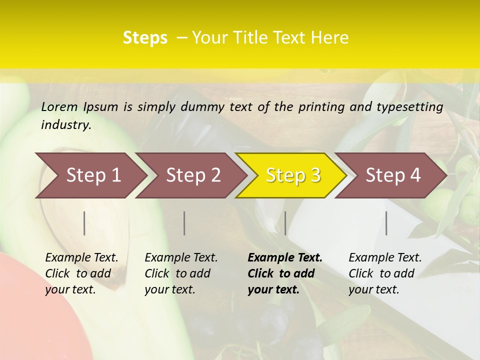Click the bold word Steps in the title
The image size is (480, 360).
coord(145,38)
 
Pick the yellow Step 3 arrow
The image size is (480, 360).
coord(293,175)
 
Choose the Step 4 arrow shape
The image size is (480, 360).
coord(393,175)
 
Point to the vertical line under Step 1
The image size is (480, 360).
coord(84,223)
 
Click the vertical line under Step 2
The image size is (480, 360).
coord(184,223)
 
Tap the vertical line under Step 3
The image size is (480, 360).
coord(285,223)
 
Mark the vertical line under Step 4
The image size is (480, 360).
coord(386,223)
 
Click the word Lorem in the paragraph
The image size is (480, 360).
coord(59,107)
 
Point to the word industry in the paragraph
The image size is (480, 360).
coord(66,125)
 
